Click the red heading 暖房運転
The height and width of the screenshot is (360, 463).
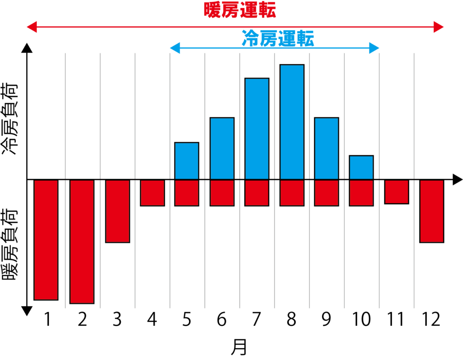point(240,10)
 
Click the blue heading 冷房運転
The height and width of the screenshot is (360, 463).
point(278,38)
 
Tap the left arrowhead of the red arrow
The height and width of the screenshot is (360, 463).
point(31,27)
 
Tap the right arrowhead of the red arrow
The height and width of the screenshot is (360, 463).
point(439,27)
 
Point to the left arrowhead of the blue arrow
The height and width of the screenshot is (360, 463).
point(175,48)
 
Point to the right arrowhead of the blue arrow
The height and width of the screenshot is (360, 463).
point(374,48)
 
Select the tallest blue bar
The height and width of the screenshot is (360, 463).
point(292,122)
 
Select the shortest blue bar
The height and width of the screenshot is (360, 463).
point(361,168)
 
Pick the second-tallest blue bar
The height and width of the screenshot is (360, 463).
point(257,129)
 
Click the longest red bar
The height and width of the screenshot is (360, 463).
point(82,242)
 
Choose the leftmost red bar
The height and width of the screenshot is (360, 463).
point(46,240)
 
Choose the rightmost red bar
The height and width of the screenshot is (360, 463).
point(431,211)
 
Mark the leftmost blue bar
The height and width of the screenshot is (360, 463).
point(187,161)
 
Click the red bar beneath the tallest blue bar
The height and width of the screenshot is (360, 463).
point(292,193)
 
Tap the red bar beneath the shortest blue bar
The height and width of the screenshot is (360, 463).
point(361,193)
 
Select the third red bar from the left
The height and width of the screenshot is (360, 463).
point(118,211)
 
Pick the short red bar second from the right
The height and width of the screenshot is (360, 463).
point(397,192)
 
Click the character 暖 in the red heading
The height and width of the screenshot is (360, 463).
point(213,10)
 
